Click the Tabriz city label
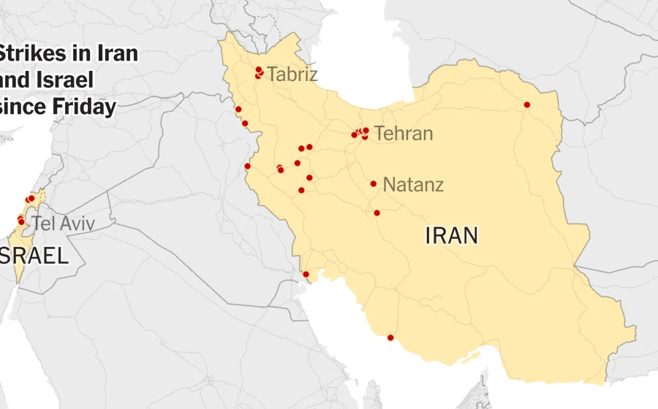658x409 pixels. tap(292, 74)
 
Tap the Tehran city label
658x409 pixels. tap(403, 134)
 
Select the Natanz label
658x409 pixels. tap(413, 184)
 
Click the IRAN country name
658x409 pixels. tap(451, 235)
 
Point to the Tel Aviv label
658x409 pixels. tap(63, 223)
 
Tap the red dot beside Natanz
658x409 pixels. tap(374, 184)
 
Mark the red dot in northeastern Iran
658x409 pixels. tap(527, 104)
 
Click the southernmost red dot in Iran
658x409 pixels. tap(390, 337)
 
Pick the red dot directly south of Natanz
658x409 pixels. tap(377, 213)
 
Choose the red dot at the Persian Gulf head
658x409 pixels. tap(306, 275)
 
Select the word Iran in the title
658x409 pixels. tap(118, 54)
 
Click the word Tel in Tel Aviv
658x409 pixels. tap(44, 223)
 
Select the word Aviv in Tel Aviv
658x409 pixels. tap(77, 223)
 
